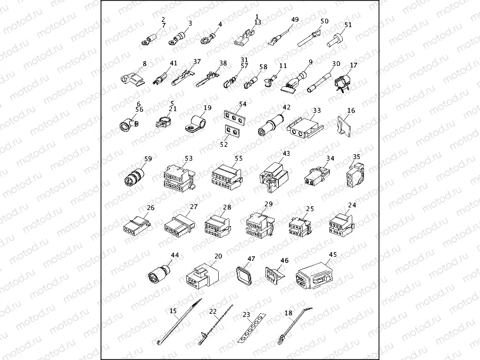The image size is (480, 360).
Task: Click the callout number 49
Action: pos(295,20)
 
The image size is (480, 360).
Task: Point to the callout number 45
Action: pos(333,254)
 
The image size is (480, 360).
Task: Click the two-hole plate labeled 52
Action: pos(230,130)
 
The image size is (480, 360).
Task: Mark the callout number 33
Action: pos(317,111)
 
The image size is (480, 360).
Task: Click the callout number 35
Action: pos(357,157)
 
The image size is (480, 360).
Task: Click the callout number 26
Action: pos(151,208)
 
